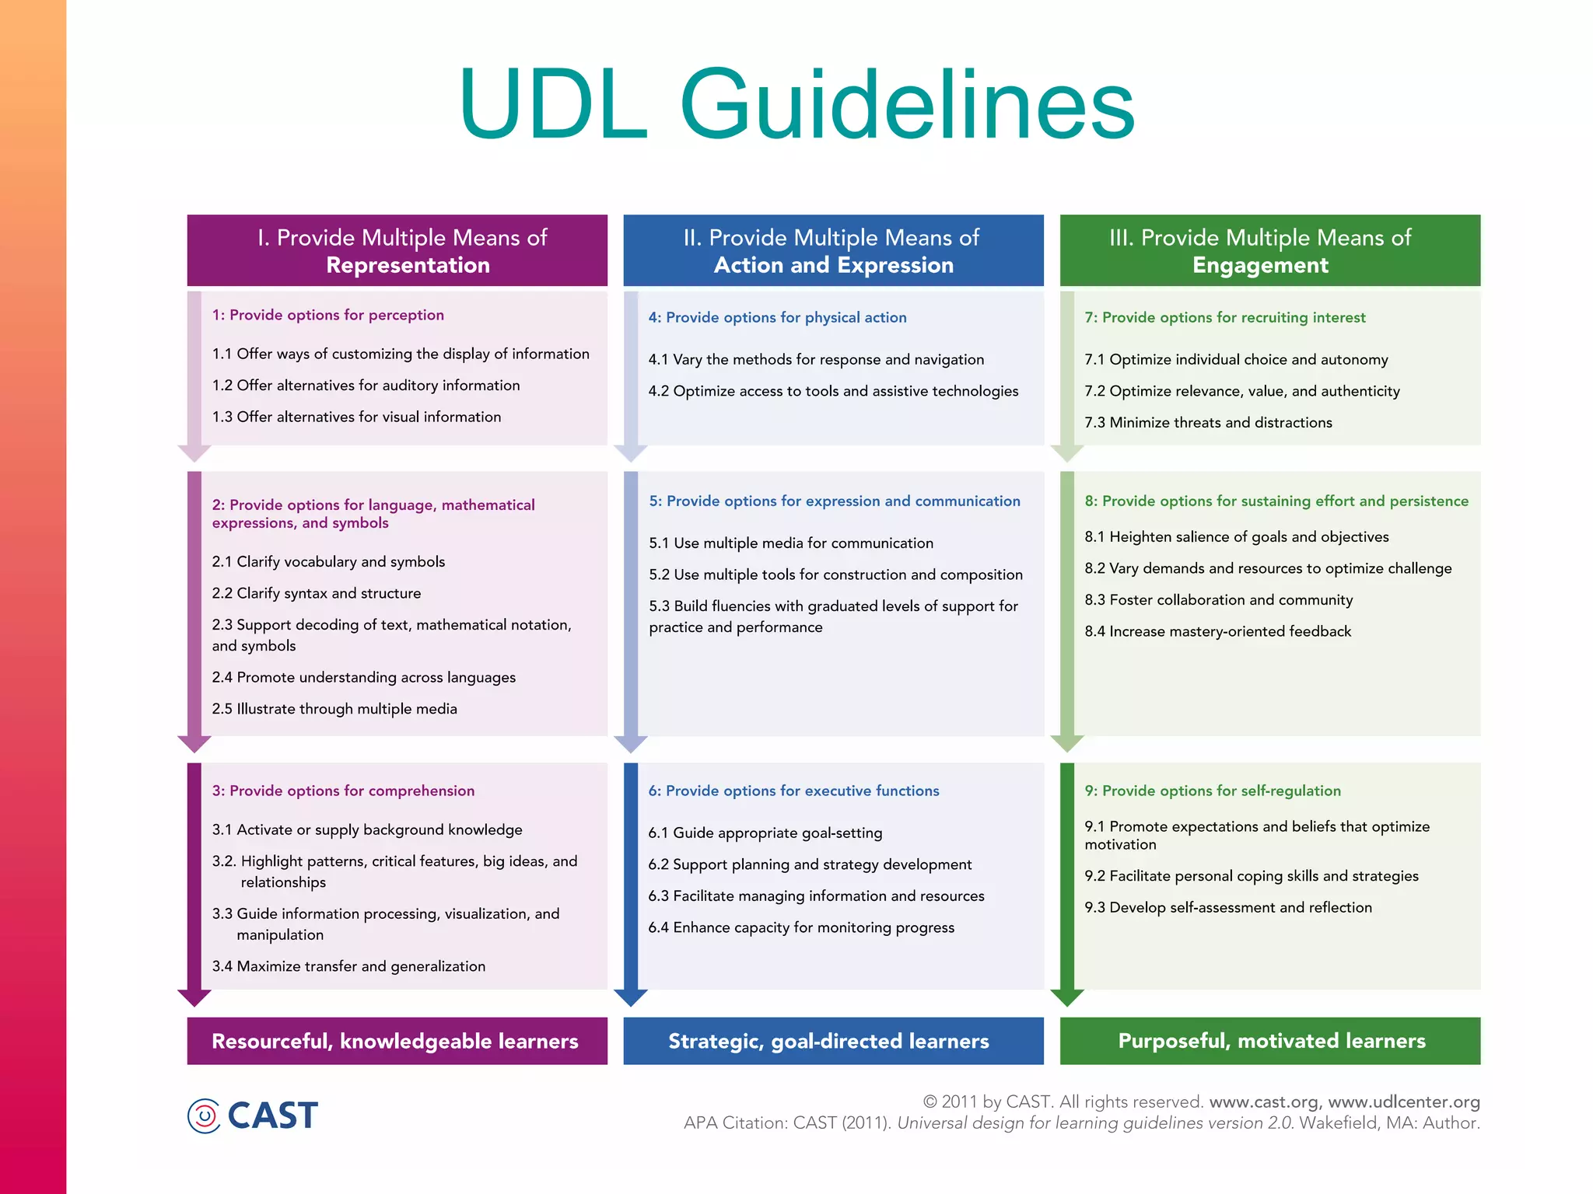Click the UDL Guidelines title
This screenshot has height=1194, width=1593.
796,104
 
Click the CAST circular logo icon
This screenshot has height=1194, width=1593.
204,1115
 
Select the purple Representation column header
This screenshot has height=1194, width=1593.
397,250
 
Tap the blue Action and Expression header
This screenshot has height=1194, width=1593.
833,250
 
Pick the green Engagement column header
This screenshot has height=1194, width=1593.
1269,250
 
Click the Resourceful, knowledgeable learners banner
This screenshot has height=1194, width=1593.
396,1041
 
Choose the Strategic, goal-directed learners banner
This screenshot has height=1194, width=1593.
830,1041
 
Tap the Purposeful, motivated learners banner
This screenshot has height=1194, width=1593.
1271,1041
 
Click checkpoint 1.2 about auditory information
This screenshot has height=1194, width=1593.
366,386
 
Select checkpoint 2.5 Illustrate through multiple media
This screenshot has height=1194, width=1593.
334,709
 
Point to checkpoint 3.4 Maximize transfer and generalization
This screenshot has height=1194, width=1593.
348,966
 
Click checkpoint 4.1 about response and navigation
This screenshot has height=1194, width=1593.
816,360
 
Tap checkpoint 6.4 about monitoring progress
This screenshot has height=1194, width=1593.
801,927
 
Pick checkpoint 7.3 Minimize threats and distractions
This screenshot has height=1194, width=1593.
1208,423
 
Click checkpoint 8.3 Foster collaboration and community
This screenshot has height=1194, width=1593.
1219,600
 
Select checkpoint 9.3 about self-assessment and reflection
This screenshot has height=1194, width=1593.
1228,907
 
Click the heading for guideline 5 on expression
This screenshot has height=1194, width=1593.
835,501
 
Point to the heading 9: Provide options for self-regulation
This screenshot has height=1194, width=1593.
1213,791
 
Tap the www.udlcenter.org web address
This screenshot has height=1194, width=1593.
1403,1101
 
